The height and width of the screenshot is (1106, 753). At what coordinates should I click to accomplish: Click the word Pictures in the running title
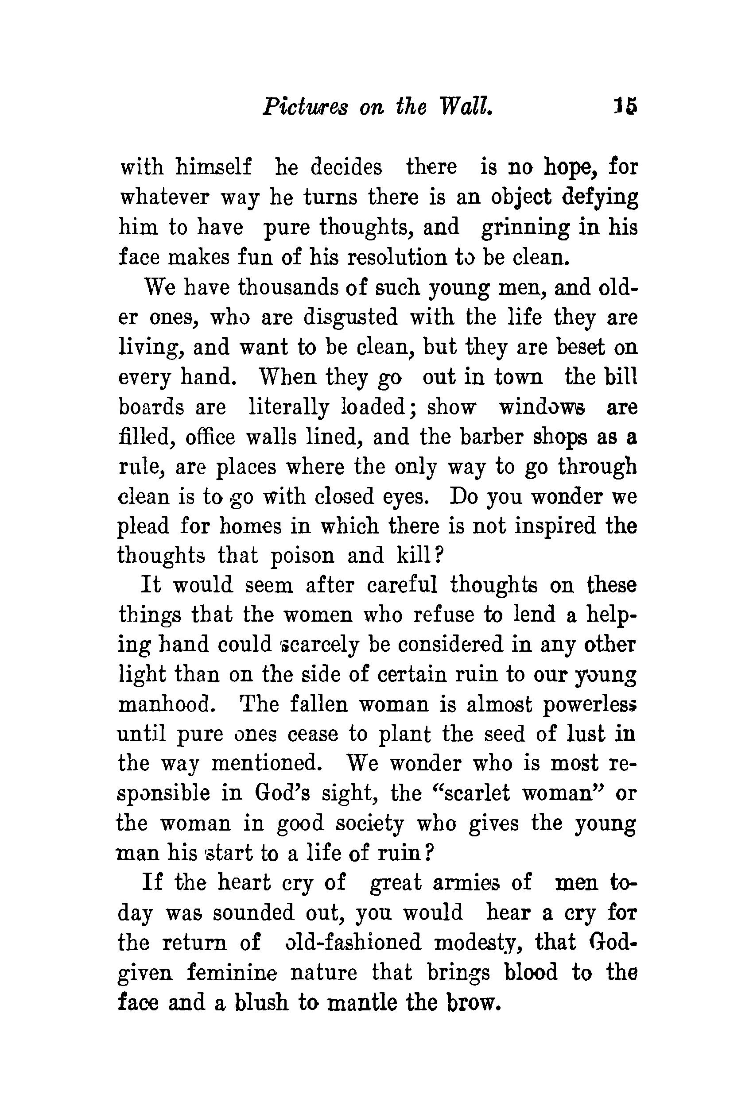coord(305,107)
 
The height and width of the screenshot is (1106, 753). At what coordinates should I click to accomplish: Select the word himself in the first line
coord(213,167)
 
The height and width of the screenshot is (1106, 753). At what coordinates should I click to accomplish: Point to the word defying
coord(600,197)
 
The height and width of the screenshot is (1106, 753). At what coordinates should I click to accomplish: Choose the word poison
coord(302,556)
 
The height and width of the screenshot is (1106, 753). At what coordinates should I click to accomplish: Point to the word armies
coord(466,883)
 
